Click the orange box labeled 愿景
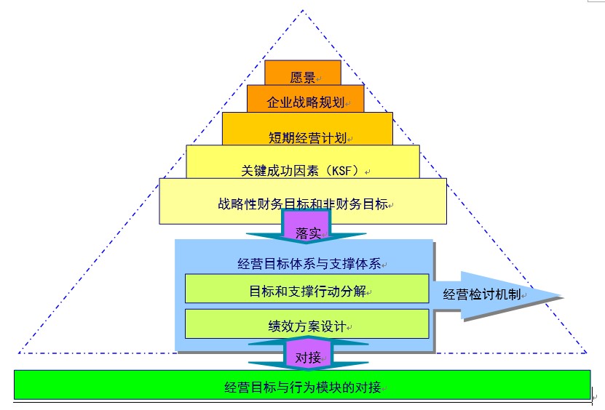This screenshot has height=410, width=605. tap(302, 76)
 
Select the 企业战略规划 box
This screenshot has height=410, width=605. tap(305, 102)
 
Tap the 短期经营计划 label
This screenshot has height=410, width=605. tap(307, 136)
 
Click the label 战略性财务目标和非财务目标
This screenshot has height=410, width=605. tap(302, 204)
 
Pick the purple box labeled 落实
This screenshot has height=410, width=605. tap(307, 232)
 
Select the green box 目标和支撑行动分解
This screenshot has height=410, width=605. tap(307, 291)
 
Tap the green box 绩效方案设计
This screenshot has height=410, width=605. tap(307, 326)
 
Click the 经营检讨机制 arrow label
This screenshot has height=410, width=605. tap(486, 294)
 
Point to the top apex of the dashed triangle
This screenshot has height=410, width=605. tap(303, 9)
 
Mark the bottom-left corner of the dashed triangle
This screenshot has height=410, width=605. tap(19, 353)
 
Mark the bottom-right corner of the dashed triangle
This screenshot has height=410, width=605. tap(586, 353)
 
